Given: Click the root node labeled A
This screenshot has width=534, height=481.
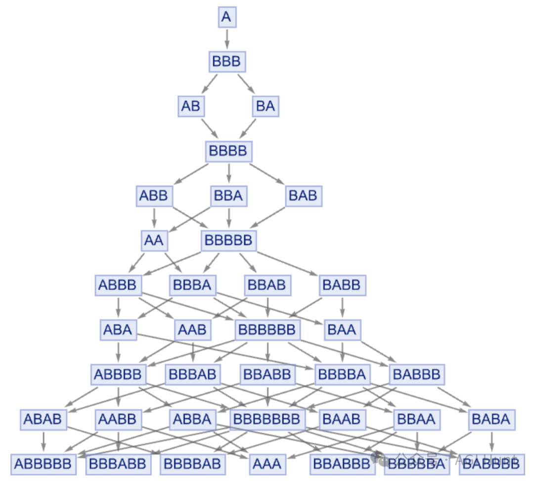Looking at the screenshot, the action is coord(226,18).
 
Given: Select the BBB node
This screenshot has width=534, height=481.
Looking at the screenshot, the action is coord(226,62).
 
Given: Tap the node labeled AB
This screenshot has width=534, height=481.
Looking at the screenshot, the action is coord(190,106).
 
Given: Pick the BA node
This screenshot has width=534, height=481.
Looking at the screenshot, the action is coord(266,106).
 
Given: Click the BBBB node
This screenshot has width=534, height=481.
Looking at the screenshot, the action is coord(228,151).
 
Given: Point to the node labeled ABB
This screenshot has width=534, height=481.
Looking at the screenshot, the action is coord(154,196).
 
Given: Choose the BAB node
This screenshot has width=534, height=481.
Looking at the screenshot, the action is coord(303,196).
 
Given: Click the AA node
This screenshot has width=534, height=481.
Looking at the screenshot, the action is coord(153,240).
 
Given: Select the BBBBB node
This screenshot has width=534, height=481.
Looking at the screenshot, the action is coord(228,240).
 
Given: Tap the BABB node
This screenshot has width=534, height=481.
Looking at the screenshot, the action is coord(342,285).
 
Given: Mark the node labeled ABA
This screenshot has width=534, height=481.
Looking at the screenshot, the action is coord(118,329).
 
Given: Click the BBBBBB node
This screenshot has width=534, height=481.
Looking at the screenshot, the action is coord(267,329).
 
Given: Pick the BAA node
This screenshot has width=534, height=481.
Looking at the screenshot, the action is coord(342,329).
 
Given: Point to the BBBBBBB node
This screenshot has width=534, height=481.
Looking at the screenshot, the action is coord(267,419).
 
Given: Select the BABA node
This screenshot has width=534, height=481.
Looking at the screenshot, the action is coord(491,419).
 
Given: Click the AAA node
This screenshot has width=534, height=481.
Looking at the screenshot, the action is coord(267,464).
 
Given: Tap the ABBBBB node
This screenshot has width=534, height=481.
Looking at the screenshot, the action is coord(43,464).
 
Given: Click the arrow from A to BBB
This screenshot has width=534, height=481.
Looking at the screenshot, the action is coord(227,39).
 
